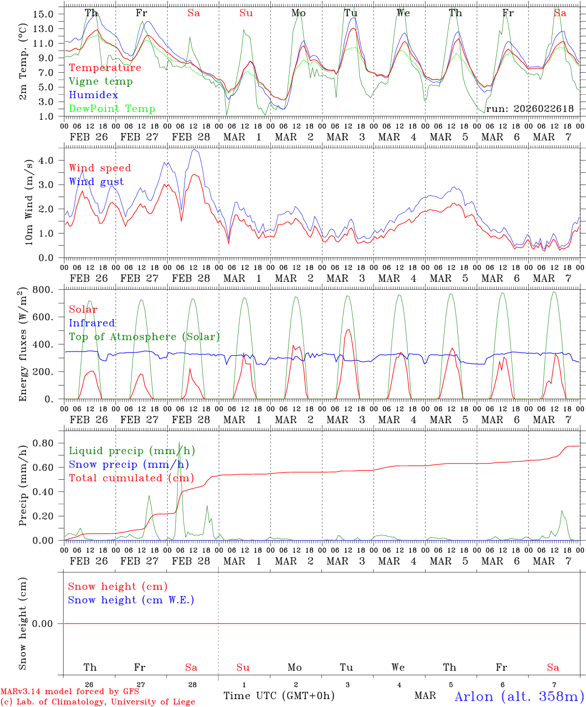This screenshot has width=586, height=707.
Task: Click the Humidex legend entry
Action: [93, 95]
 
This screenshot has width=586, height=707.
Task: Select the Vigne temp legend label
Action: [101, 82]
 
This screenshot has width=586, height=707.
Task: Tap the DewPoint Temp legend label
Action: [112, 109]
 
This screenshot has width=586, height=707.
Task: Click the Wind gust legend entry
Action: [96, 182]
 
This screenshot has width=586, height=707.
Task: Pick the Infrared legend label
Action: [92, 323]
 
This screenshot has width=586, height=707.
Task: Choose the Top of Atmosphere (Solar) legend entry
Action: [144, 337]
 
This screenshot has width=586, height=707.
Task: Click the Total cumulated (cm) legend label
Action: [131, 478]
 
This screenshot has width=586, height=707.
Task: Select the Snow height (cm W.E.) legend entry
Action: [131, 600]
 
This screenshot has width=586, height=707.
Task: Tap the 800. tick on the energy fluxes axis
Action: [43, 290]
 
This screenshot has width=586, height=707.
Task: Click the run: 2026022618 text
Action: [530, 109]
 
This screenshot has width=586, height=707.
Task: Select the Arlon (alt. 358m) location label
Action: [519, 696]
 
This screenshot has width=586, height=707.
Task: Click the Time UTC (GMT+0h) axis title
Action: [279, 696]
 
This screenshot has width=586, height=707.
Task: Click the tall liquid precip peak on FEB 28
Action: [180, 443]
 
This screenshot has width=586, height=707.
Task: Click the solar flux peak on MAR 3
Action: [348, 329]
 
